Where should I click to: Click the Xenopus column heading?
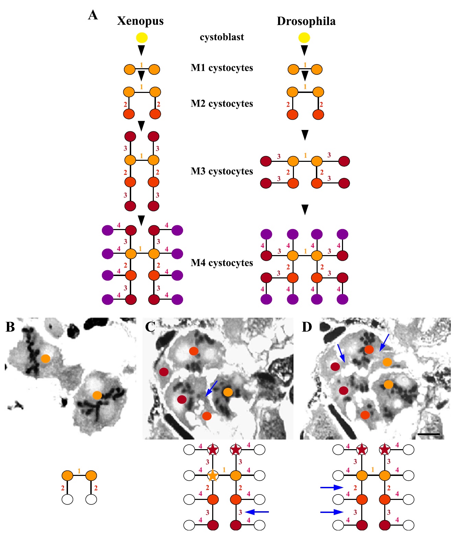(140, 21)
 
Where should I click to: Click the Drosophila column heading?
(306, 21)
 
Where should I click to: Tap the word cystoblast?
(222, 37)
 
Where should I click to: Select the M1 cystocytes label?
(222, 68)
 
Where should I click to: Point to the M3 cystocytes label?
(222, 171)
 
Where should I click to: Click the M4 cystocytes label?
(222, 263)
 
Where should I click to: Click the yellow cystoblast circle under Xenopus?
(142, 37)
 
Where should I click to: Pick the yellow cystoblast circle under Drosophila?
(304, 37)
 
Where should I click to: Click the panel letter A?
(93, 15)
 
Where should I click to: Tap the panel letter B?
(10, 327)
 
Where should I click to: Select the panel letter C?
(150, 327)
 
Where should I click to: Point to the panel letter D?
(307, 327)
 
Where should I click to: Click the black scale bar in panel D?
(429, 434)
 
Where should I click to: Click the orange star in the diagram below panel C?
(213, 476)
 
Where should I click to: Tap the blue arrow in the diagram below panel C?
(258, 512)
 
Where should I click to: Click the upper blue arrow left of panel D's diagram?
(332, 487)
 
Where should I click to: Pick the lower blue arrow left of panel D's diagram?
(332, 512)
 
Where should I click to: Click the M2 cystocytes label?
(222, 104)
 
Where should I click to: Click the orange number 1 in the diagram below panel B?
(79, 471)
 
